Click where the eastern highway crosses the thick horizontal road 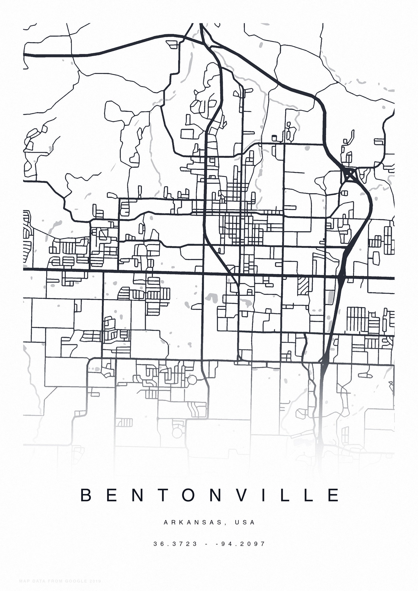(341, 277)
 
